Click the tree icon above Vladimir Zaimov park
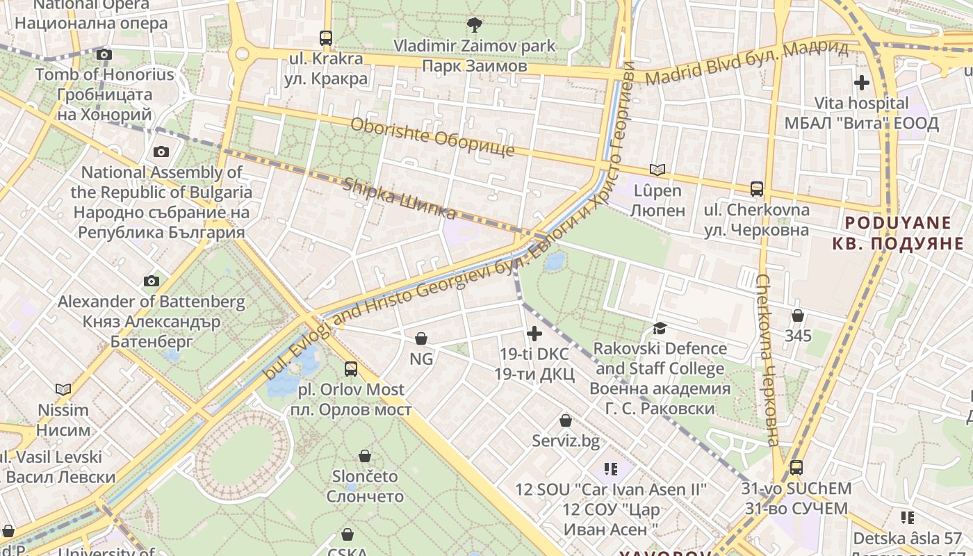coord(475,26)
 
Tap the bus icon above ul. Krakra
coord(326,38)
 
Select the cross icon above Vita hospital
coord(861,83)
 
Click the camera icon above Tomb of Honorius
coord(104,54)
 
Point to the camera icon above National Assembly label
coord(161,152)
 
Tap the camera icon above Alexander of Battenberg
coord(151,281)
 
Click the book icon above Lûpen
coord(657,170)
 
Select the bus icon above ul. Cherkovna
coord(756,188)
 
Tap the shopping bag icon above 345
coord(798,316)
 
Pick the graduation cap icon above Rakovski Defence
coord(660,327)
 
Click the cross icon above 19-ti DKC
coord(534,334)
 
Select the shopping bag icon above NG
coord(420,338)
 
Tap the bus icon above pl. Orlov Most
coord(351,368)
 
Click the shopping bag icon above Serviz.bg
coord(566,420)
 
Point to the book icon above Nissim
coord(63,389)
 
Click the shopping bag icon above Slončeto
coord(364,456)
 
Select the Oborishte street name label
coord(432,137)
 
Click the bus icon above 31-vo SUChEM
coord(796,468)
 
